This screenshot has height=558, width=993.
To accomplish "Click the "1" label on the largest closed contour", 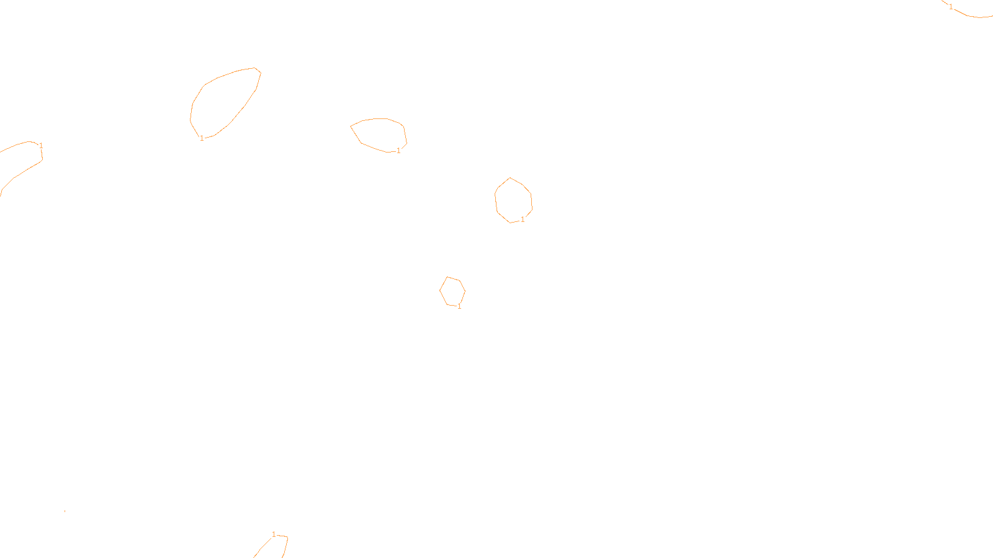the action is click(x=202, y=138).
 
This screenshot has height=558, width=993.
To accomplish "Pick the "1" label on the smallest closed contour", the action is click(x=459, y=306).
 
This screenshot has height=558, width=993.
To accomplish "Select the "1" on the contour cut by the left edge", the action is click(x=41, y=146).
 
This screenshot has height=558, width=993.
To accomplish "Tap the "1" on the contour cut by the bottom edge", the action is click(x=274, y=534).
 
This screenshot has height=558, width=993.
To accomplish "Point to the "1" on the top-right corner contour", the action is click(x=951, y=7).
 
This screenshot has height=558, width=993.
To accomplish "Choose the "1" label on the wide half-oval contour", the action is click(x=398, y=151).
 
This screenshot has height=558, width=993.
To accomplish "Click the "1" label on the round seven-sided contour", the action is click(x=523, y=219).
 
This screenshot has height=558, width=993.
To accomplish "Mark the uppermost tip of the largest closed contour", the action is click(x=254, y=68).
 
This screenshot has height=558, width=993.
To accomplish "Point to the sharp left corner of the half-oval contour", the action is click(x=351, y=126).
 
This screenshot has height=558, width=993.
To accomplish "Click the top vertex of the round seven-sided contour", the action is click(x=510, y=178).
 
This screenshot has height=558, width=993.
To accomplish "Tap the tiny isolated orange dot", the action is click(x=65, y=511).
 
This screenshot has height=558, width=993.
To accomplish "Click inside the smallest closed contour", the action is click(x=452, y=291).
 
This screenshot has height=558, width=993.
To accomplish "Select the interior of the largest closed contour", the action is click(x=223, y=102).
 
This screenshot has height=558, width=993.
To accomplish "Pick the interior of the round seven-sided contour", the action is click(x=513, y=200).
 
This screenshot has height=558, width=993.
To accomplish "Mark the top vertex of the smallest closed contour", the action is click(x=447, y=277).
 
